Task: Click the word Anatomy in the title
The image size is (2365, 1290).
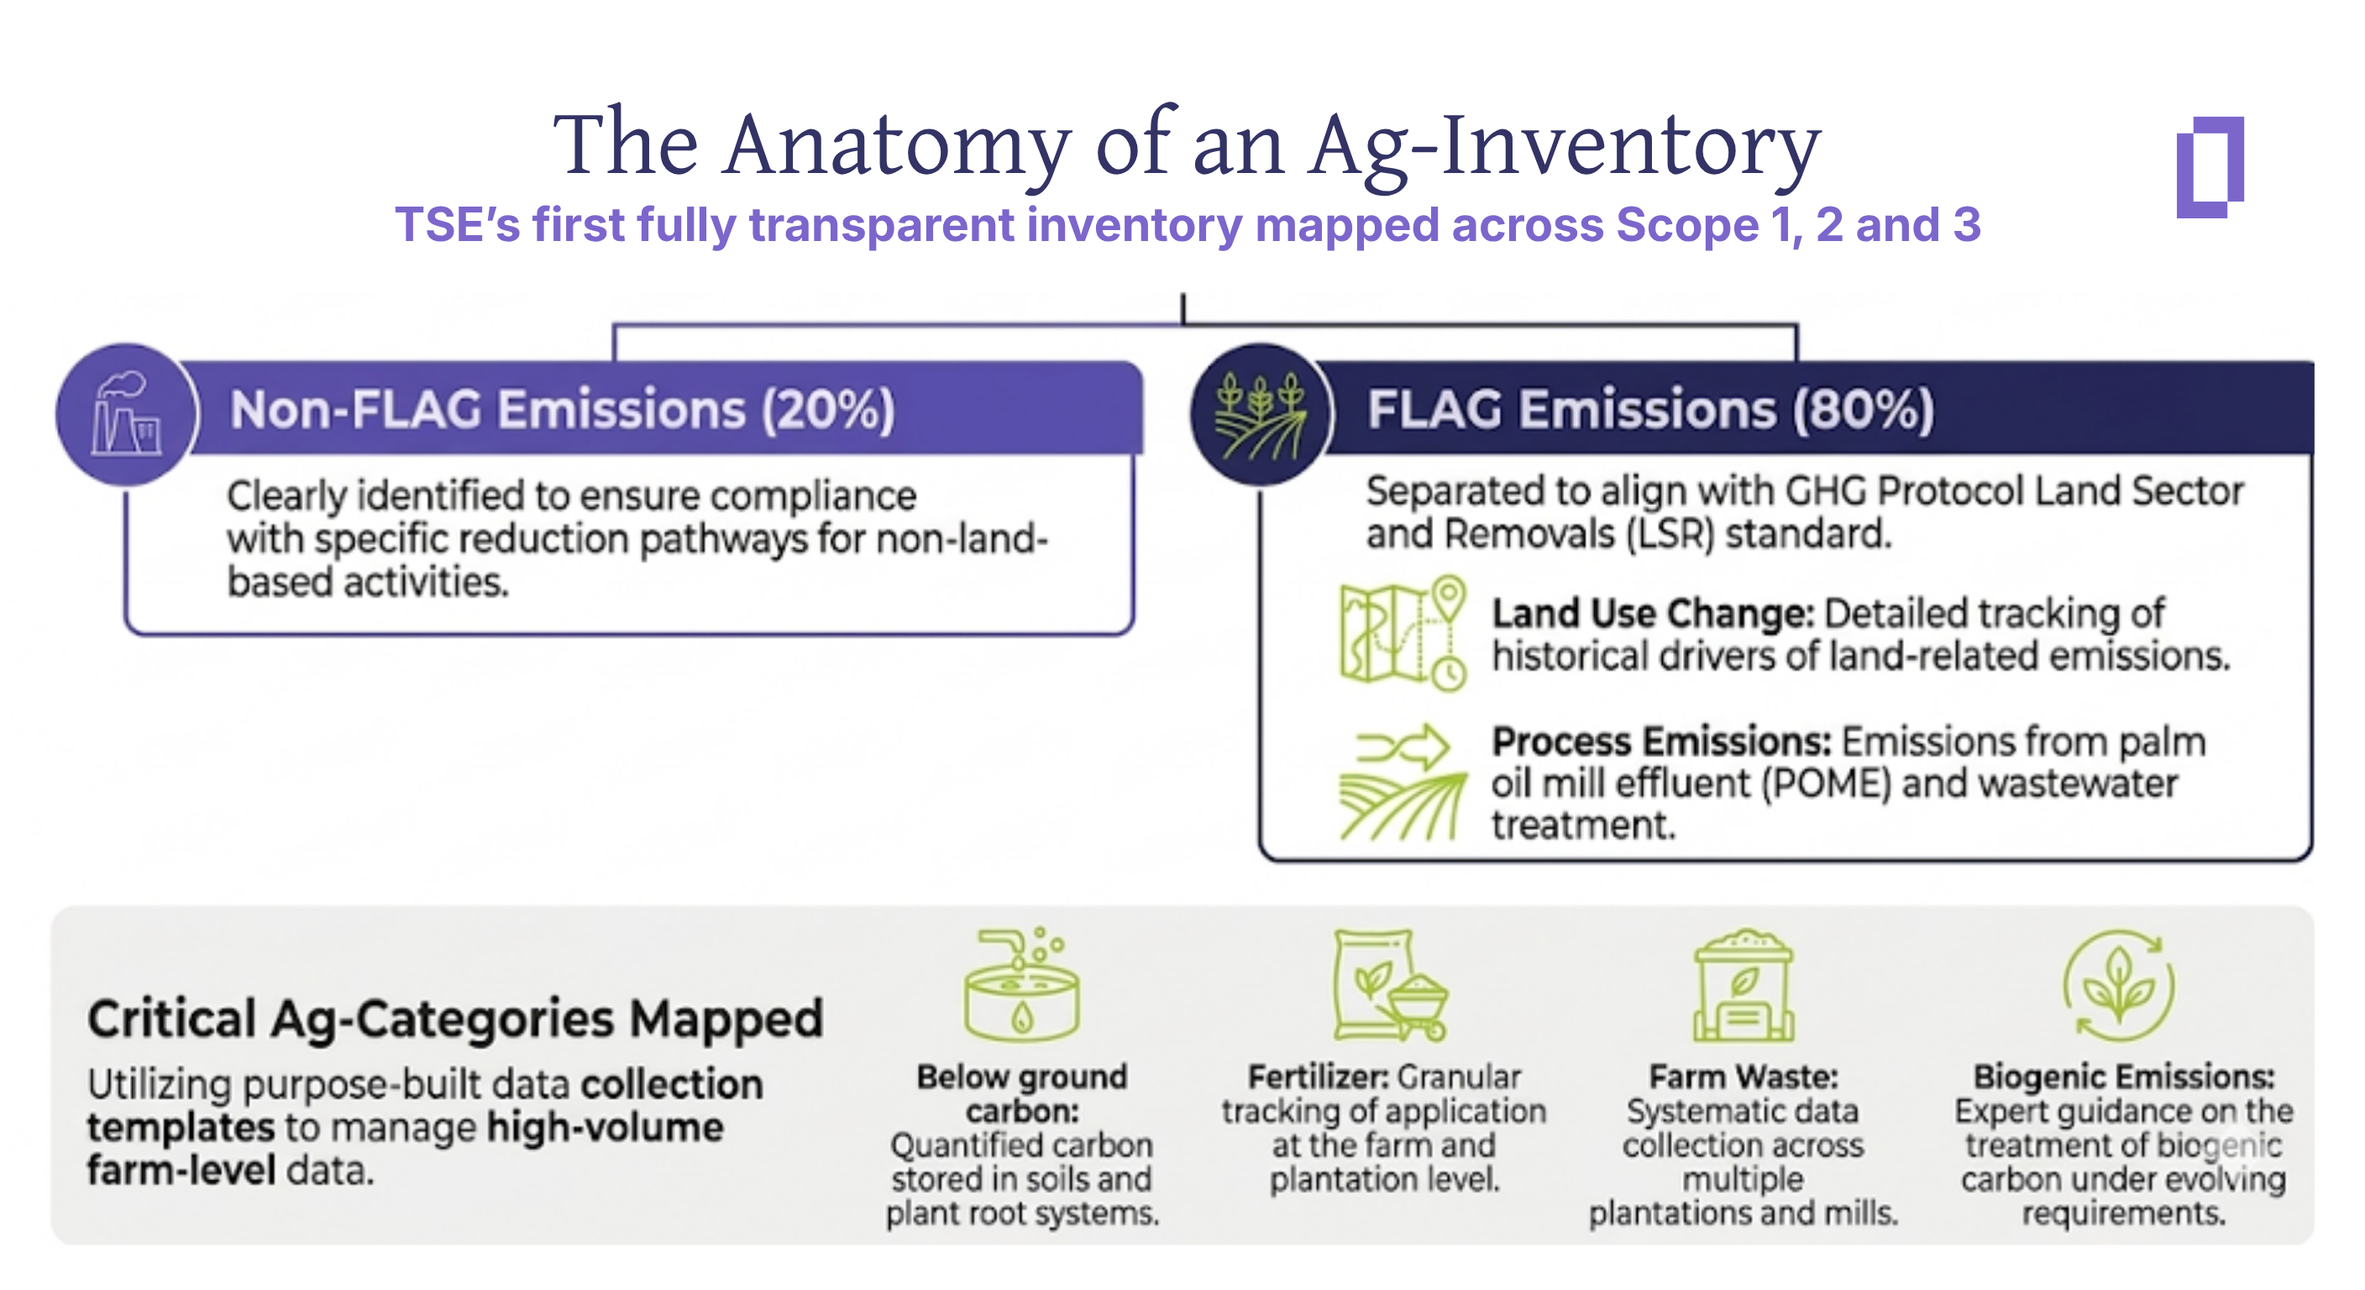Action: point(897,144)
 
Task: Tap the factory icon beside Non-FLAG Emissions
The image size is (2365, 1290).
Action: point(127,414)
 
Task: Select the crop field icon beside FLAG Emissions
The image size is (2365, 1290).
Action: point(1260,415)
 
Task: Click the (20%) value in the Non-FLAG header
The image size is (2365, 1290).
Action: point(827,410)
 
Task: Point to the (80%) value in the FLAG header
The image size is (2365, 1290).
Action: point(1864,410)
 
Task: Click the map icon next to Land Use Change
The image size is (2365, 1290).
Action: point(1402,633)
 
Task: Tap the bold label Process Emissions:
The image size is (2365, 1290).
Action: point(1660,741)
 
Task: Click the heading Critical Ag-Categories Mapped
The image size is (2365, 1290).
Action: point(455,1018)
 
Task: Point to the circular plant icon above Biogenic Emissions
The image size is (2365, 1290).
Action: point(2119,986)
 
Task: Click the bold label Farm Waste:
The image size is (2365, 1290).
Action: point(1743,1076)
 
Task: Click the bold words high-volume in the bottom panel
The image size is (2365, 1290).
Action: point(604,1127)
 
